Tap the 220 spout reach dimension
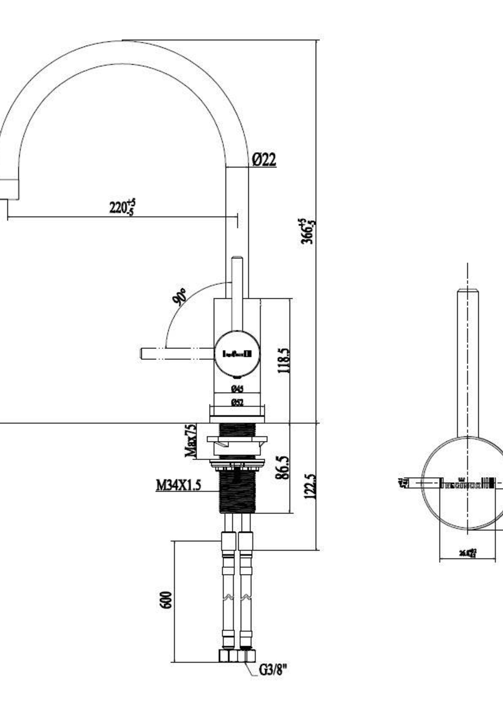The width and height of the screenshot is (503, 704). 122,207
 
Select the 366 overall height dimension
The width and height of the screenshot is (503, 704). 308,231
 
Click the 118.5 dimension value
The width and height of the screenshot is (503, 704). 284,360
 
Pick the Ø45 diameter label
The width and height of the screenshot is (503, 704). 237,389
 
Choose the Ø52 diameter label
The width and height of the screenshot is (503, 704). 237,402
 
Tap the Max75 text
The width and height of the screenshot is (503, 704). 191,441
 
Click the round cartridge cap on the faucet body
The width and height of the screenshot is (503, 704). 237,354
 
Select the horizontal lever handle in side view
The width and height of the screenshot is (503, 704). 177,354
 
